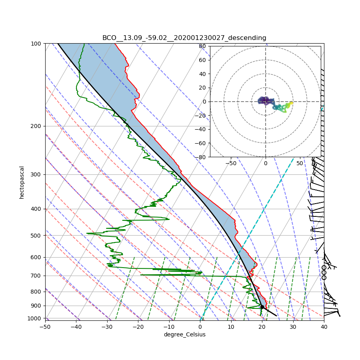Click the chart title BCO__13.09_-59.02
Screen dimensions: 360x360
coord(184,38)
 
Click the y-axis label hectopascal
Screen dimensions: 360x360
coord(22,182)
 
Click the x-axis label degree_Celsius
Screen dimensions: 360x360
coord(184,334)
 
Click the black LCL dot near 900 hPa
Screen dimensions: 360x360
coord(262,307)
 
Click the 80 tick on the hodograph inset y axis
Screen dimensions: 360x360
coord(203,46)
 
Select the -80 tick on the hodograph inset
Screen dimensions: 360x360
coord(201,157)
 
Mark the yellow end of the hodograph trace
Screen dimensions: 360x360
coord(292,103)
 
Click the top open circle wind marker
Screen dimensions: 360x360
coord(324,267)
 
